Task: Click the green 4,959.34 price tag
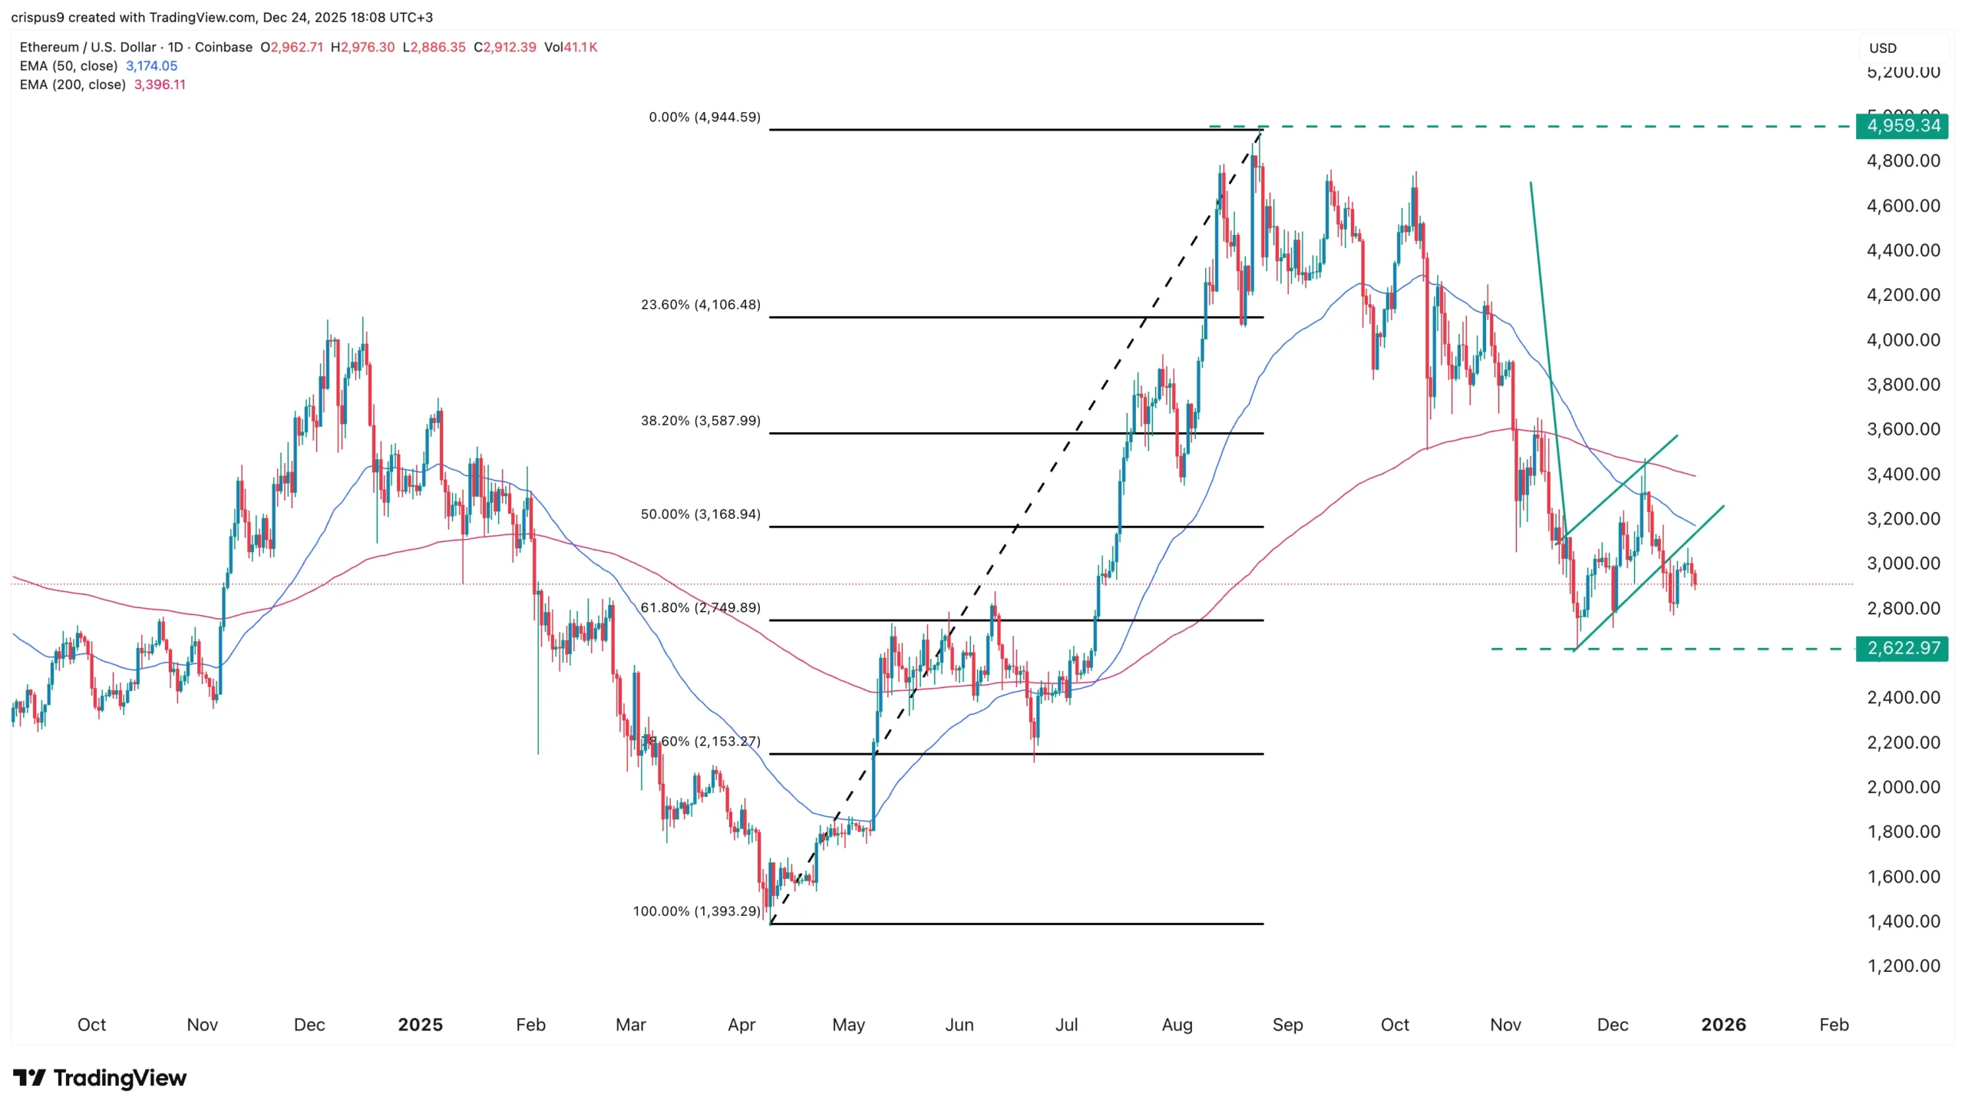[x=1901, y=126]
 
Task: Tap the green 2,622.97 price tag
[x=1901, y=648]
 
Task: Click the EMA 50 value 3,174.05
[x=151, y=66]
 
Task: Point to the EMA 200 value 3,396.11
[x=160, y=84]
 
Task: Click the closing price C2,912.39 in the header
[x=505, y=47]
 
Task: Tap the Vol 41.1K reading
[x=570, y=47]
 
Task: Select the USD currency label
[x=1882, y=48]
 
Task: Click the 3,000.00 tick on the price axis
[x=1903, y=564]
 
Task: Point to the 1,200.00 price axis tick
[x=1903, y=966]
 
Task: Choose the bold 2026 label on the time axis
[x=1723, y=1024]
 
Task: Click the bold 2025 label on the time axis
[x=420, y=1024]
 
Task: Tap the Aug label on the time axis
[x=1177, y=1024]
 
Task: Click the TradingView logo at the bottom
[x=100, y=1078]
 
